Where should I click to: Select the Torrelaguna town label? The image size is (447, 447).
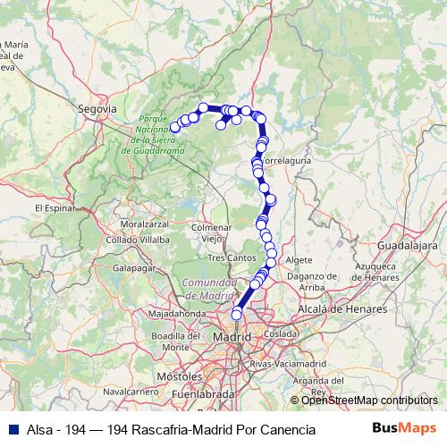[286, 162]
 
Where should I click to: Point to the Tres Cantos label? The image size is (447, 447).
[227, 257]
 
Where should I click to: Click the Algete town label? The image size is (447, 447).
[299, 259]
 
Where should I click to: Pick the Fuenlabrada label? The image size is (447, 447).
[202, 392]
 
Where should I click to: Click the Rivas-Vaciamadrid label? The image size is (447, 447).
[287, 365]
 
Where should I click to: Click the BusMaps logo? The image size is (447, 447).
[404, 429]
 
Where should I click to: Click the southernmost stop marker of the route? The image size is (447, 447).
[237, 314]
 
